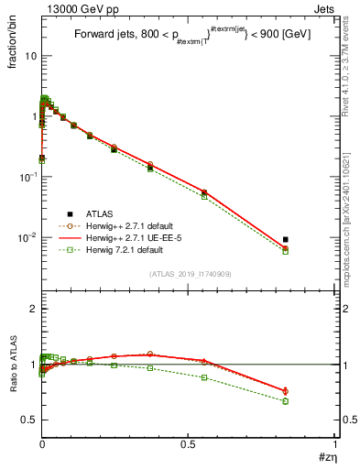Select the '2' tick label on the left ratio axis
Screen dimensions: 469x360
[x=33, y=310]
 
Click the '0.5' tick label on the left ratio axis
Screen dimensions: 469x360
[x=29, y=420]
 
